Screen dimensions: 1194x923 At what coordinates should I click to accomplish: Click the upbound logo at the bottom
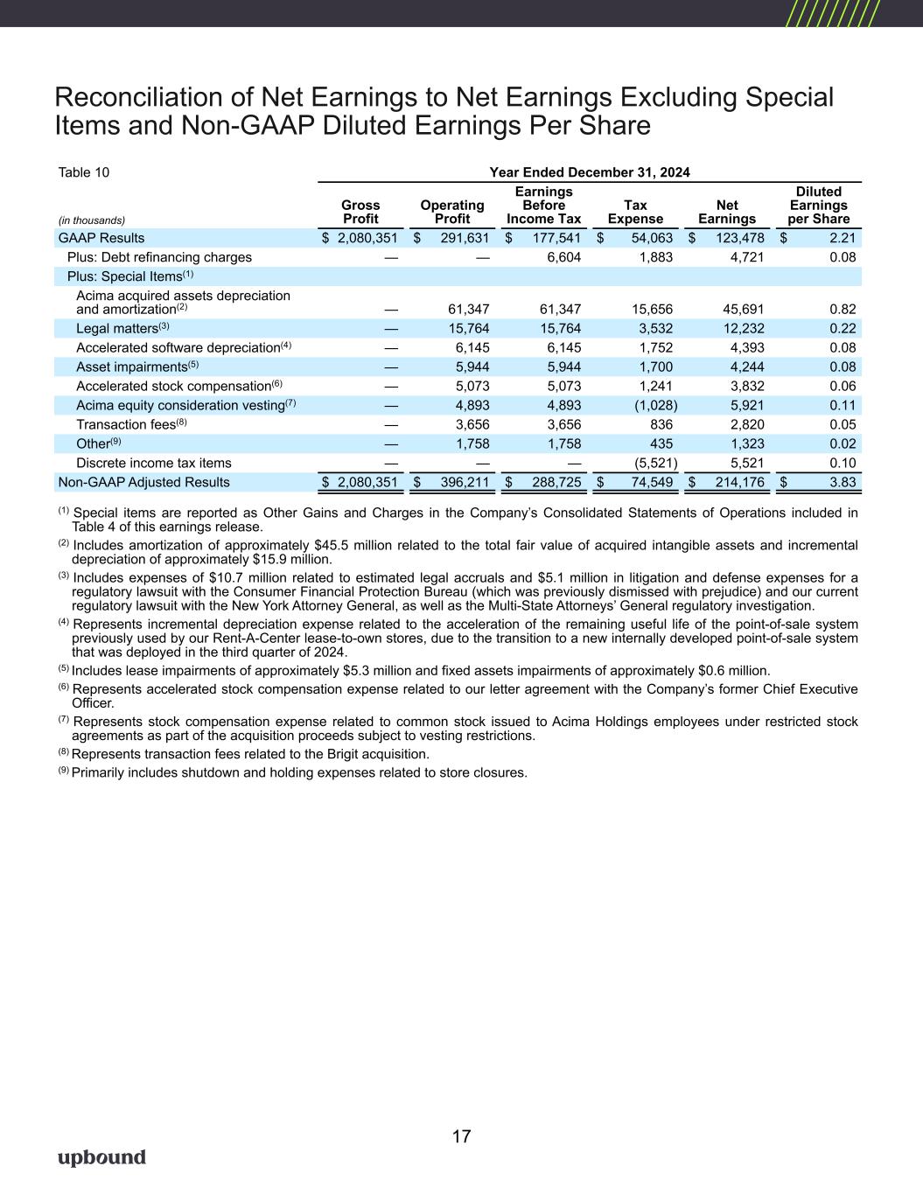tap(101, 1157)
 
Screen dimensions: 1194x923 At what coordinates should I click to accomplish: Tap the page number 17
tap(461, 1136)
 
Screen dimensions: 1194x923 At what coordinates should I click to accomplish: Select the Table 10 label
tap(84, 172)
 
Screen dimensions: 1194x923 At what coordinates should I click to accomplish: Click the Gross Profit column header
tap(360, 212)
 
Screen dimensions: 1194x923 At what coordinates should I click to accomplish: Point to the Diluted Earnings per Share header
tap(818, 205)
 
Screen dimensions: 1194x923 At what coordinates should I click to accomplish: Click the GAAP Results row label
tap(101, 238)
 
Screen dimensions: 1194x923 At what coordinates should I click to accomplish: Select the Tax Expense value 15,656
tap(649, 309)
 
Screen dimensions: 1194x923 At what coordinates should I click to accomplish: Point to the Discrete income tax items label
tap(154, 463)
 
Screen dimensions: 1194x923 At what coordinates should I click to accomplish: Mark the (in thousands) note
tap(92, 220)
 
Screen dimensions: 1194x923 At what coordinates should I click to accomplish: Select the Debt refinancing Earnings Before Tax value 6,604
tap(563, 257)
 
